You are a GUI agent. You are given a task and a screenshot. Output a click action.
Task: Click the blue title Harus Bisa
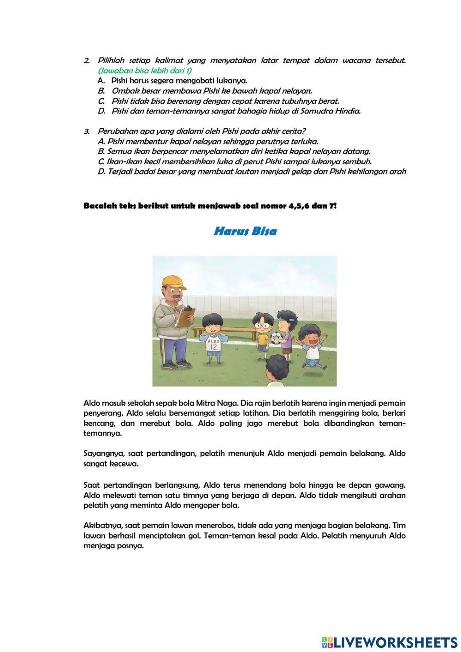(x=245, y=231)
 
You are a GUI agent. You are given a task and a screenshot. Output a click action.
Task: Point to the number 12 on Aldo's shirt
(x=213, y=346)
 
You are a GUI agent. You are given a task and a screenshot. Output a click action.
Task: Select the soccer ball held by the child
(x=276, y=338)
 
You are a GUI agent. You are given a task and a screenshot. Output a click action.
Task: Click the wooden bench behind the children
(x=225, y=330)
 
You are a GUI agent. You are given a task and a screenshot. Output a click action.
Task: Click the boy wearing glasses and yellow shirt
(x=262, y=334)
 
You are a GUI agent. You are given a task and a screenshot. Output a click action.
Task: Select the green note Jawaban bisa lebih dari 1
(x=145, y=71)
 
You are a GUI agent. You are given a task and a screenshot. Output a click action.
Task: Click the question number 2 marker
(x=87, y=61)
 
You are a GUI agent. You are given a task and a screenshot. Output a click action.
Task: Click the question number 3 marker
(x=87, y=132)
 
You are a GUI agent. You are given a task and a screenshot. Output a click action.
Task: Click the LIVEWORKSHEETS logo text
(x=395, y=642)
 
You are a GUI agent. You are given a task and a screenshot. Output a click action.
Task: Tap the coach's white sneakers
(x=177, y=365)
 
